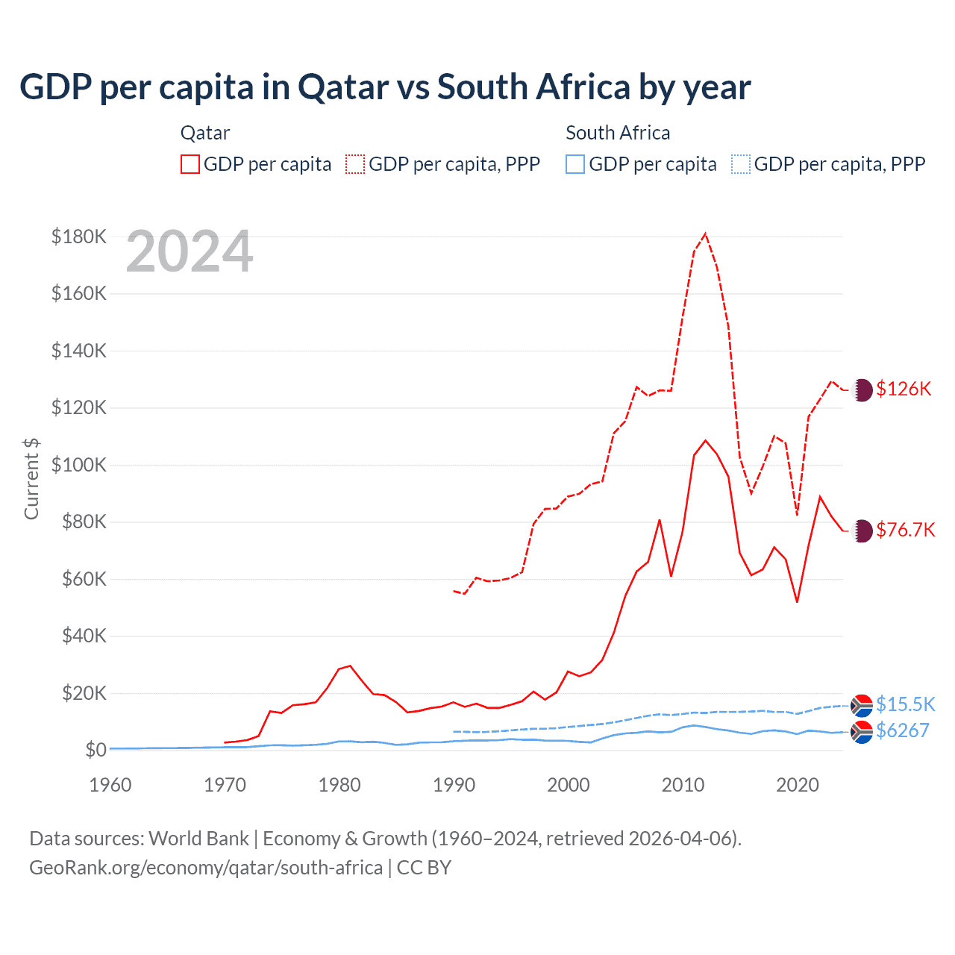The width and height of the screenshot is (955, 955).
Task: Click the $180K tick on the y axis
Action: click(x=79, y=237)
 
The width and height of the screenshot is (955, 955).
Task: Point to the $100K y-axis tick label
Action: click(x=79, y=465)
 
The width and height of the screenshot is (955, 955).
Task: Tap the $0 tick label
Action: click(x=95, y=750)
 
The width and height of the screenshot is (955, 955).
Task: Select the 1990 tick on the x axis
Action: click(x=454, y=785)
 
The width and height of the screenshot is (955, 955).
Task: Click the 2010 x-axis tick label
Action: click(x=683, y=785)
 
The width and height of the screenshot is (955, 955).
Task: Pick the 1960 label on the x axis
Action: click(x=110, y=785)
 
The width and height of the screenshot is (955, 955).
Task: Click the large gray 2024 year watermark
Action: click(x=190, y=252)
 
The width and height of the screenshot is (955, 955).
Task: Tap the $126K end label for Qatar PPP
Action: click(x=904, y=389)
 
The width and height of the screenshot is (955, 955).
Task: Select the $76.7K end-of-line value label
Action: click(x=905, y=530)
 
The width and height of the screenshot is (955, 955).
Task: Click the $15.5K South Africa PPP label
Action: click(x=905, y=704)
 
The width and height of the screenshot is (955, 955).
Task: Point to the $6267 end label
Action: click(x=902, y=730)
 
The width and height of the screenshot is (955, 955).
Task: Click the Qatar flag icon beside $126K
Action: click(x=862, y=389)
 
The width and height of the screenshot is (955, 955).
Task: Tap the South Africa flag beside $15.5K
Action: click(x=862, y=705)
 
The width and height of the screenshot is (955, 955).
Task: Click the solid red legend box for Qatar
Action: click(x=190, y=164)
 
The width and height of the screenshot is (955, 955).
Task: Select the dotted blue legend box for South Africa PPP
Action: click(x=741, y=164)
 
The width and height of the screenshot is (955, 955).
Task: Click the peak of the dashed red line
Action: click(x=705, y=234)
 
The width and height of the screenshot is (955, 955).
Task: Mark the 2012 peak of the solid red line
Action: click(x=705, y=440)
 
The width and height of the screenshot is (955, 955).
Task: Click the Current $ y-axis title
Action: click(x=31, y=478)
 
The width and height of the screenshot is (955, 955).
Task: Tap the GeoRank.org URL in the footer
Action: click(x=206, y=868)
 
